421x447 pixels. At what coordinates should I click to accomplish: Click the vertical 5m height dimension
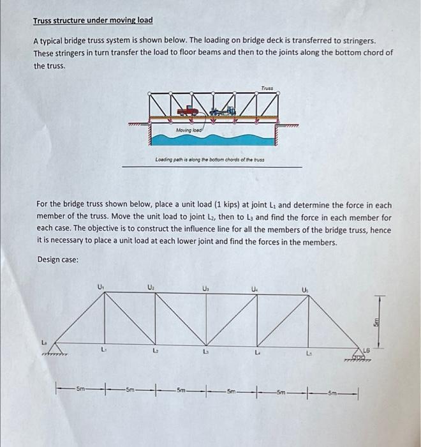click(378, 322)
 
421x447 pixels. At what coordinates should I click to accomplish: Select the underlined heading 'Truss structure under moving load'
click(92, 20)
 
